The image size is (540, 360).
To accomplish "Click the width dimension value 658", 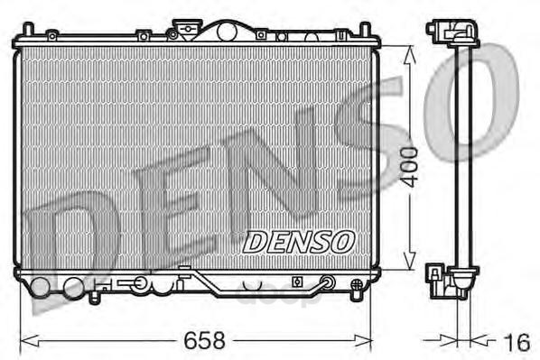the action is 204,340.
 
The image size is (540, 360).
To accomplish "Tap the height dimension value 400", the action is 411,167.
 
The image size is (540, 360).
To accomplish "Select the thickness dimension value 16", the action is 517,343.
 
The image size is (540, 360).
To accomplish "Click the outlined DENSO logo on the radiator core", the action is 298,242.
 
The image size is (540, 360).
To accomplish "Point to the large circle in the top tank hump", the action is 227,32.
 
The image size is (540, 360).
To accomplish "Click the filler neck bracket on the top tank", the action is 186,28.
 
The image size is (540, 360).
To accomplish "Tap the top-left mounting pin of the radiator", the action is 28,29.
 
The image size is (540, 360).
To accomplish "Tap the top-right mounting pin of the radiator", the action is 365,29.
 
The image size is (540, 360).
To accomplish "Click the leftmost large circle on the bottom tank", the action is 41,287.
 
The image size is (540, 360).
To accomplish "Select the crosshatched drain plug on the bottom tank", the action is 357,284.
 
